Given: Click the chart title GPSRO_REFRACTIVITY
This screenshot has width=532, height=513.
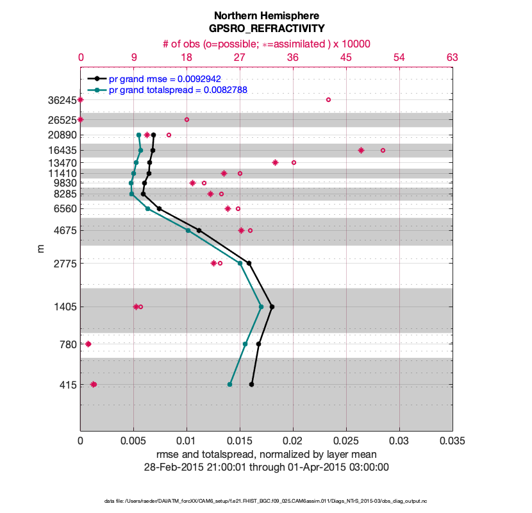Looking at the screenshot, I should pyautogui.click(x=266, y=28).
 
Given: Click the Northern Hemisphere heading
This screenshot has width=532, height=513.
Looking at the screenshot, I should pyautogui.click(x=266, y=15).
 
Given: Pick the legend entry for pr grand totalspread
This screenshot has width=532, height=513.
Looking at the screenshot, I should pyautogui.click(x=178, y=90).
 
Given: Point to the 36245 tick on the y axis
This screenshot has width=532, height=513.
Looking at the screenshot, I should pyautogui.click(x=63, y=100).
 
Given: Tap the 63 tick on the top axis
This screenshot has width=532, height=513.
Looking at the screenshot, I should pyautogui.click(x=452, y=58).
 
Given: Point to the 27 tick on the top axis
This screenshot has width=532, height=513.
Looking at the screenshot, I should pyautogui.click(x=240, y=58).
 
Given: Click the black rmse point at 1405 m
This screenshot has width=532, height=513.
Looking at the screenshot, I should pyautogui.click(x=272, y=307).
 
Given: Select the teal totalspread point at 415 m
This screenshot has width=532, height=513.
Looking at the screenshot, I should pyautogui.click(x=229, y=384).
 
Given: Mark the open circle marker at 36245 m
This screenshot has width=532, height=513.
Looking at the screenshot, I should pyautogui.click(x=328, y=99).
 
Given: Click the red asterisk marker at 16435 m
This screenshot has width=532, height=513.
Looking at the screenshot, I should pyautogui.click(x=361, y=150).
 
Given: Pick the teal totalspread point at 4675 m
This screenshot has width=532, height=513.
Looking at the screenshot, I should pyautogui.click(x=188, y=230).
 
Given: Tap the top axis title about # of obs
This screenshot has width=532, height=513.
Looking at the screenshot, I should pyautogui.click(x=266, y=44).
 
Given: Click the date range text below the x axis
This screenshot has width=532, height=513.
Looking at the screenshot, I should pyautogui.click(x=266, y=467).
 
